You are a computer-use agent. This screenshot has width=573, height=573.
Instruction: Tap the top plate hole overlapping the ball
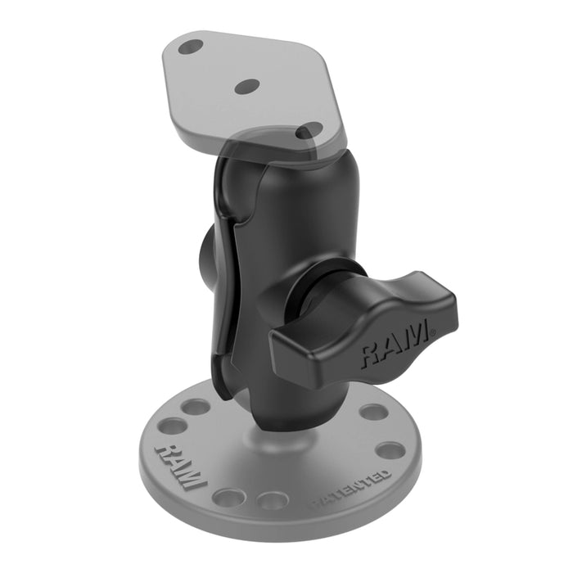pyautogui.click(x=310, y=129)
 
